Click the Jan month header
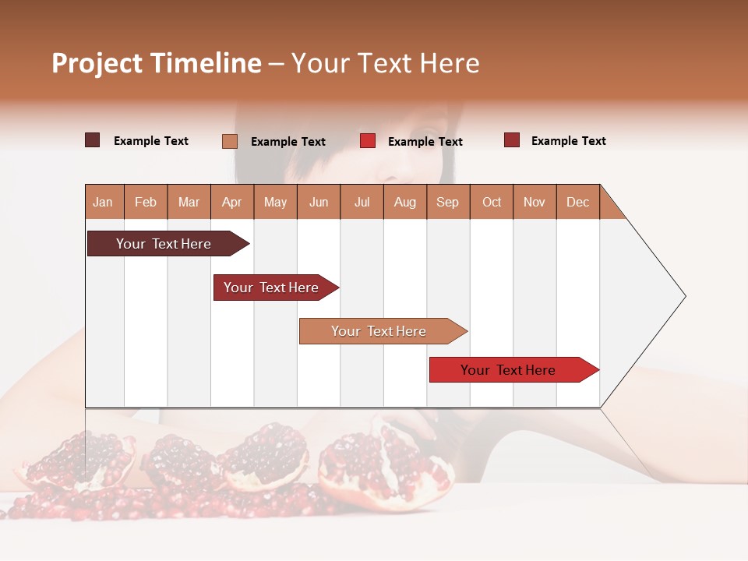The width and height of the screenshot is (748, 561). point(103,202)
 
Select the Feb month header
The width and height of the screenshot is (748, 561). point(146,202)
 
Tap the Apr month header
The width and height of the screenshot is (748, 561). point(231,202)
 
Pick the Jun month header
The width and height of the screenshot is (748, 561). point(318,202)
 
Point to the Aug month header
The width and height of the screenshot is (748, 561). point(404,202)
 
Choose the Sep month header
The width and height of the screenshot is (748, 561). point(447,202)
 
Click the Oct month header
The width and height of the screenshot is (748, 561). point(491,202)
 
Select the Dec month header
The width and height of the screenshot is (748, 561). point(577,202)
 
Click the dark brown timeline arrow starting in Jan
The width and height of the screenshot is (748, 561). point(164,244)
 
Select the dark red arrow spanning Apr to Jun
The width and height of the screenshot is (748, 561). point(271,288)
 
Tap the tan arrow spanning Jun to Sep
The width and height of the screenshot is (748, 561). point(379,331)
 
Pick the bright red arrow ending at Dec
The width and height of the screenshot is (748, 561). point(508,370)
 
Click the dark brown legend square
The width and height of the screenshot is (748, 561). point(93,140)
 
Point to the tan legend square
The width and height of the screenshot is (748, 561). point(230,141)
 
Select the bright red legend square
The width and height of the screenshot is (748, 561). point(368,141)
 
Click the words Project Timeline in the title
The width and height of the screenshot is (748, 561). point(157,63)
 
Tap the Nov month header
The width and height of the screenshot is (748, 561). point(534,202)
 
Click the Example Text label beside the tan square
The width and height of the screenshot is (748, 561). point(288,142)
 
